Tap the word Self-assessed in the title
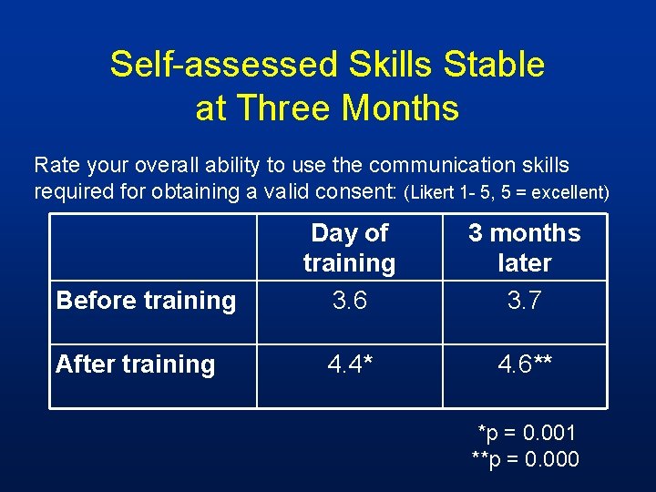pyautogui.click(x=224, y=65)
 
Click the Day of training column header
pyautogui.click(x=349, y=248)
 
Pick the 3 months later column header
pyautogui.click(x=524, y=248)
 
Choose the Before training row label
pyautogui.click(x=146, y=300)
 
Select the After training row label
pyautogui.click(x=135, y=364)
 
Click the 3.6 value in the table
pyautogui.click(x=349, y=301)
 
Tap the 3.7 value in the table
pyautogui.click(x=524, y=301)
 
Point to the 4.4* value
pyautogui.click(x=349, y=364)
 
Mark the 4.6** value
pyautogui.click(x=526, y=364)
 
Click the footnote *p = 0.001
pyautogui.click(x=527, y=432)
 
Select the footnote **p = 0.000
pyautogui.click(x=525, y=459)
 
